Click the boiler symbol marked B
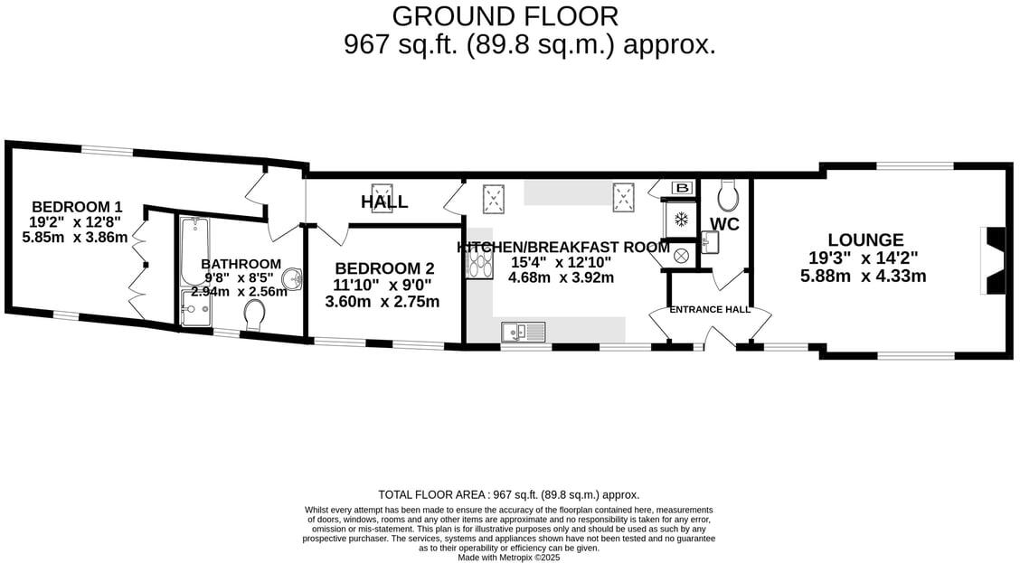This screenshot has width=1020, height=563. [x=683, y=188]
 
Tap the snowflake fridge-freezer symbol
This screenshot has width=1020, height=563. [x=682, y=219]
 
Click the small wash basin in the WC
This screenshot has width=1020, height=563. [x=711, y=242]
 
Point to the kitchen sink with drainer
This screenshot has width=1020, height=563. [x=524, y=333]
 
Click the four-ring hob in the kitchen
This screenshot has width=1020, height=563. [x=477, y=263]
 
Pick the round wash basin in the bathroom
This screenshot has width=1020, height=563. [x=292, y=276]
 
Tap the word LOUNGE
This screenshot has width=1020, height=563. [x=865, y=239]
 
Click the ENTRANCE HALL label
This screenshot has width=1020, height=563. [x=710, y=309]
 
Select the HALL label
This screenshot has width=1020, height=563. [x=384, y=202]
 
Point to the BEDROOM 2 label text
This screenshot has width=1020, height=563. [x=384, y=268]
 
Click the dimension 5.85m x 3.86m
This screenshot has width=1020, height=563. [x=75, y=238]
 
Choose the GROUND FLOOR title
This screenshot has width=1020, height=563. [x=505, y=16]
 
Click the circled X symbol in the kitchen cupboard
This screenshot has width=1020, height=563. [x=681, y=256]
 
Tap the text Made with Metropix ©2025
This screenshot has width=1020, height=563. [x=509, y=558]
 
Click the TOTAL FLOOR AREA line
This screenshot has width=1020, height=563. [x=508, y=494]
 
